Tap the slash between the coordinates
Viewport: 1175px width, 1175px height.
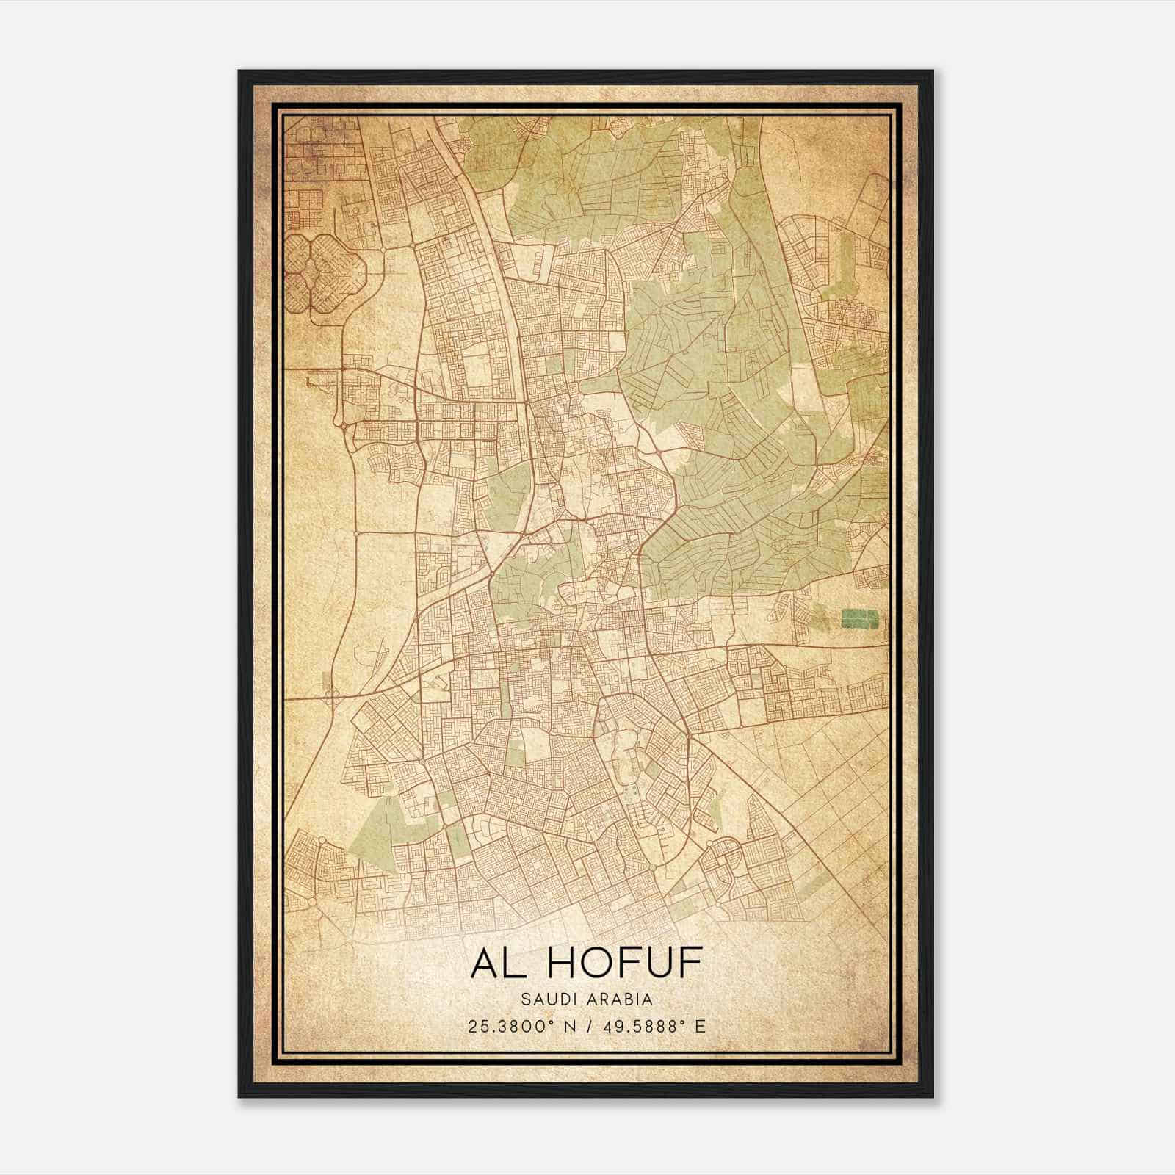tap(586, 1026)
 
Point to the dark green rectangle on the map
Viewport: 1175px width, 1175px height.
tap(859, 618)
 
